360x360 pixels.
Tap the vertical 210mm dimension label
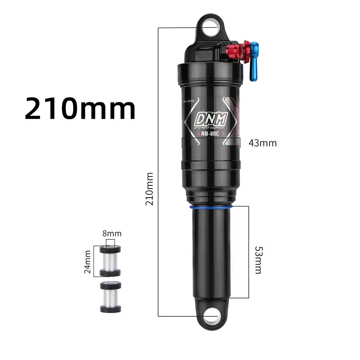(149, 189)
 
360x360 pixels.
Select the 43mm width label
(262, 143)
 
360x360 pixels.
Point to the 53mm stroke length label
(258, 260)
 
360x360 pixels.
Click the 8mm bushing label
(112, 234)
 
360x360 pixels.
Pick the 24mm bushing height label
(87, 261)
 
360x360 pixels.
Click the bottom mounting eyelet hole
(211, 316)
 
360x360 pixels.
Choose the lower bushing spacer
(110, 297)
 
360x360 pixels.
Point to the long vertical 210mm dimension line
(158, 108)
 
